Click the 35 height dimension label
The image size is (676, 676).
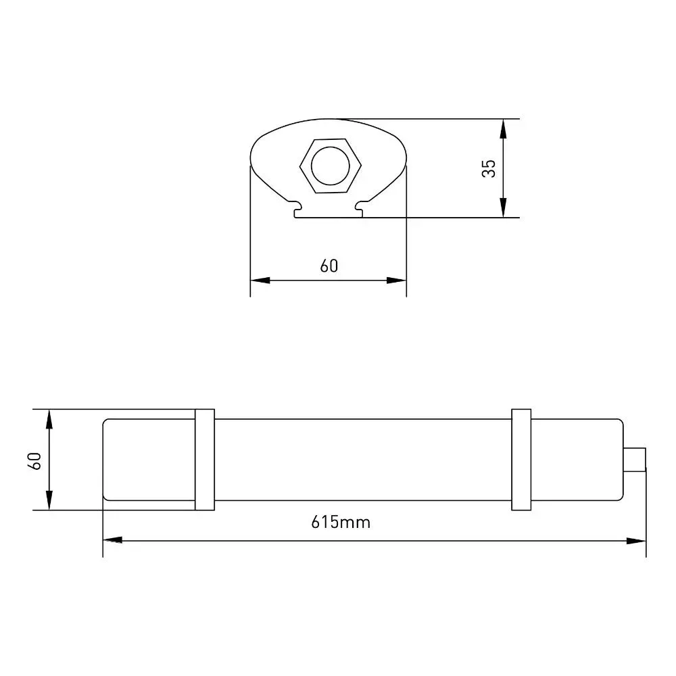click(489, 168)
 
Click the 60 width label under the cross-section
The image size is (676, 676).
click(329, 266)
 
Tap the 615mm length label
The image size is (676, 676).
click(341, 522)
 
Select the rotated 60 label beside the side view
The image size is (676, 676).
click(34, 461)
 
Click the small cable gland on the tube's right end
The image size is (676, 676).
click(635, 460)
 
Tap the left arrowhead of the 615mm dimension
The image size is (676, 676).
click(112, 539)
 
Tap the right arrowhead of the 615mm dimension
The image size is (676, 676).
click(636, 541)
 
